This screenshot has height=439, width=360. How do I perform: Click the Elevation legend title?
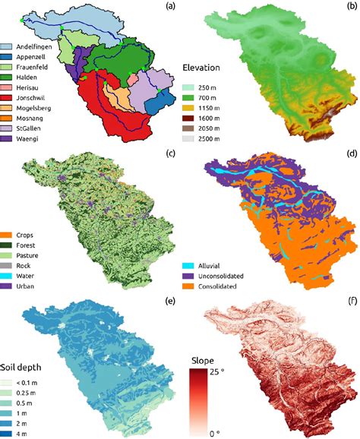click(204, 68)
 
